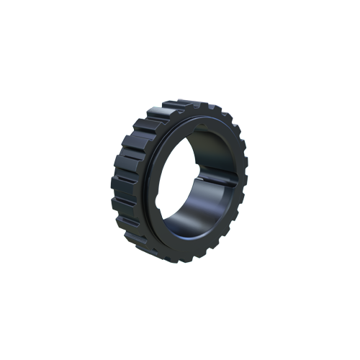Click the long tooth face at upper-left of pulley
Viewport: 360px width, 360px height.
(144, 130)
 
